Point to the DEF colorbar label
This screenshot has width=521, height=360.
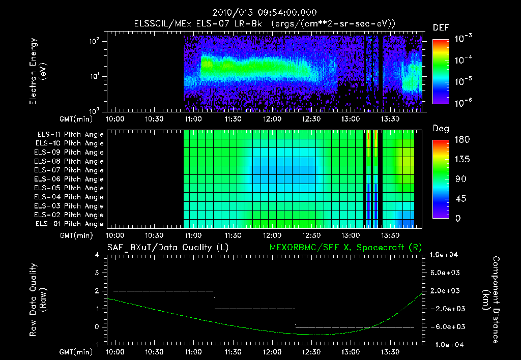(440, 28)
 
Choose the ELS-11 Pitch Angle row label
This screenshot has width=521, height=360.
(70, 135)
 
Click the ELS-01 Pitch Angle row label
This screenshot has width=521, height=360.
(70, 224)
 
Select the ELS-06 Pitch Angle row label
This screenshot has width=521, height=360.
(70, 179)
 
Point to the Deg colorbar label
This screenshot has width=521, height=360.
(440, 129)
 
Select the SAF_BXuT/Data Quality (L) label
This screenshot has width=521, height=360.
(167, 248)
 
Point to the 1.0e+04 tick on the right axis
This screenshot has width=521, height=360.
(446, 255)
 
